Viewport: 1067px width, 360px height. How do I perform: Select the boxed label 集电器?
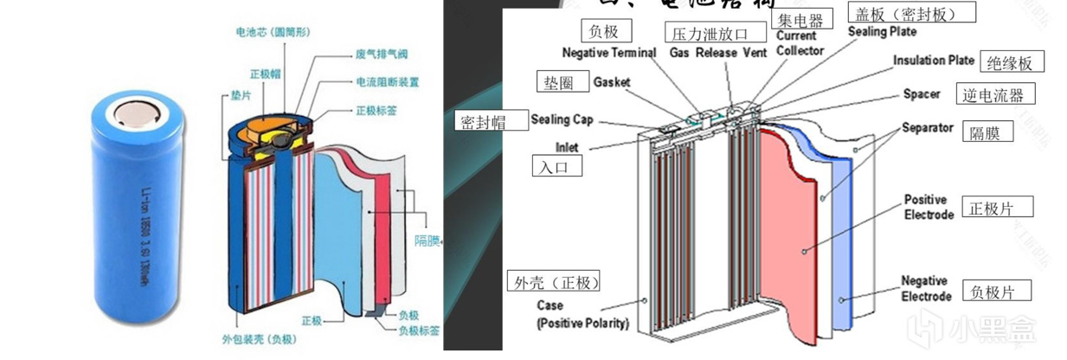point(799,19)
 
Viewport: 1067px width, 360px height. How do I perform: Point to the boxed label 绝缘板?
point(1012,62)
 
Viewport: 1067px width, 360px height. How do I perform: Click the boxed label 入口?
point(556,166)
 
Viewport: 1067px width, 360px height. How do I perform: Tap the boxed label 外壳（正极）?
point(554,282)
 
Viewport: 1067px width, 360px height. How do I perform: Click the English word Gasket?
point(612,82)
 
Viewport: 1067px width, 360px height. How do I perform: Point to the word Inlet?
point(567,147)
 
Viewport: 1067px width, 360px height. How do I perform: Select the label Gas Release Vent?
point(717,53)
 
